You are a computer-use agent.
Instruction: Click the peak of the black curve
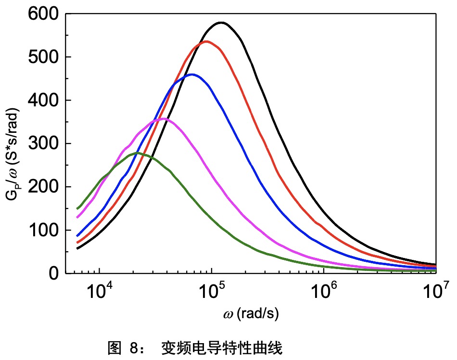pyautogui.click(x=221, y=23)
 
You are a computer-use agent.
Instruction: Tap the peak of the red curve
pyautogui.click(x=206, y=41)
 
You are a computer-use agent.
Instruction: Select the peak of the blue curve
pyautogui.click(x=192, y=75)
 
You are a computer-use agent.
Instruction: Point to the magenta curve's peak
pyautogui.click(x=164, y=118)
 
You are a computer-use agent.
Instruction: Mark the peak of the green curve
pyautogui.click(x=137, y=153)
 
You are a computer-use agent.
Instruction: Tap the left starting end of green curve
pyautogui.click(x=77, y=208)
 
